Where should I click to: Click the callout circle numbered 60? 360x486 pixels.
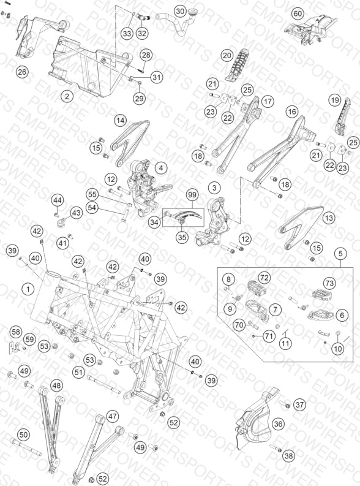tap(297, 13)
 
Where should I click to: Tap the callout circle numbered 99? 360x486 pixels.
tap(192, 195)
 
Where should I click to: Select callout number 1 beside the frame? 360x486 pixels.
tap(28, 289)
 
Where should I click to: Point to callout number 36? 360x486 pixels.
tap(278, 423)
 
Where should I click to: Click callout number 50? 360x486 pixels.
tap(23, 435)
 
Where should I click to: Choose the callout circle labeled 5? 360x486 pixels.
tap(340, 254)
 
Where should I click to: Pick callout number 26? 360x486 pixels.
tap(22, 72)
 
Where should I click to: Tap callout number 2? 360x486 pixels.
tap(67, 96)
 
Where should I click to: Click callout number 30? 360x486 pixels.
tap(180, 12)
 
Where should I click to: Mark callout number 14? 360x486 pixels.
tap(121, 120)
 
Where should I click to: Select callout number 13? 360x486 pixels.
tap(329, 218)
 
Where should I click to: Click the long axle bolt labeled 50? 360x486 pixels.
tap(26, 447)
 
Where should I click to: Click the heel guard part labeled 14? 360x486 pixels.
tap(129, 143)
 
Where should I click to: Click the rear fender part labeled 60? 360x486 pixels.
tap(312, 28)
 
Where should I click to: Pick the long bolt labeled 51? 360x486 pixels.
tap(103, 384)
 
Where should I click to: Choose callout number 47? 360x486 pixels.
tap(113, 416)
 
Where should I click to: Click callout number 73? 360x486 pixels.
tap(329, 283)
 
